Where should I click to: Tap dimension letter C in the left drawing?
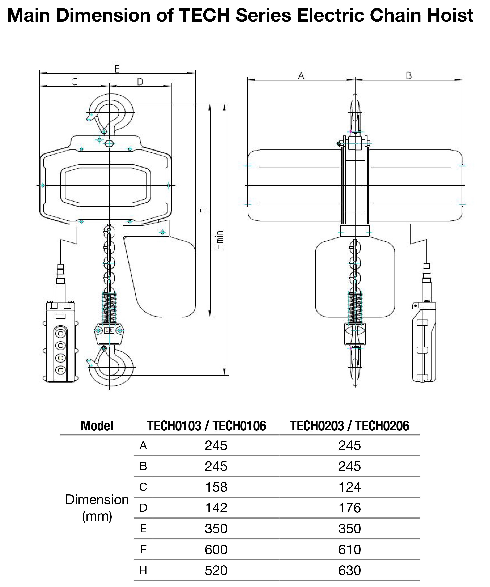point(75,82)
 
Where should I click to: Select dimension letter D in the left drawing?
point(140,82)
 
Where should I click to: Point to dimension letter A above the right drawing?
point(301,76)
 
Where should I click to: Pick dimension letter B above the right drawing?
point(409,76)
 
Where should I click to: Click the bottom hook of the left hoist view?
point(112,366)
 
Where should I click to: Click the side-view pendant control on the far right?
point(424,341)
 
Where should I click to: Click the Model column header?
point(97,426)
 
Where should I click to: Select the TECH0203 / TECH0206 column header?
point(350,426)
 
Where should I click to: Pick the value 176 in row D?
point(350,508)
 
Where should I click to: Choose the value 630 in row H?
point(350,570)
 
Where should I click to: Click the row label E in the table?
point(143,529)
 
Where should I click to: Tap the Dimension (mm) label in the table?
point(97,508)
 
